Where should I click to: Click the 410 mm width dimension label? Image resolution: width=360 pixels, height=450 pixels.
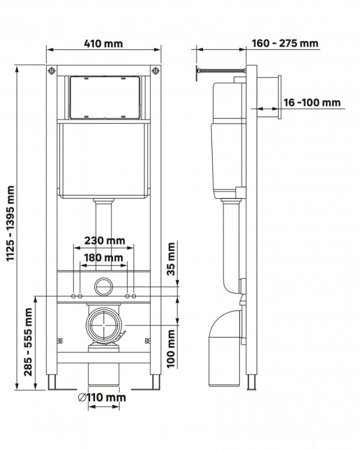[x=103, y=43]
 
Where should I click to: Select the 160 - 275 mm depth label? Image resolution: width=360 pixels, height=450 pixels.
[x=285, y=43]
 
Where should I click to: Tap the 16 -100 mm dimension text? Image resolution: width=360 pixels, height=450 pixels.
[x=312, y=102]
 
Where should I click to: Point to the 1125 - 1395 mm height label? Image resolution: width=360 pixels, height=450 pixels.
[x=10, y=223]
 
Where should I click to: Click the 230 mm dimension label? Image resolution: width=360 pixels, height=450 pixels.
[x=104, y=240]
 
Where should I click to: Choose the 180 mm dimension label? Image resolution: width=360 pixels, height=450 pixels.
[x=103, y=257]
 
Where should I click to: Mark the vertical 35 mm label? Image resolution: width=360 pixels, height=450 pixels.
[x=171, y=259]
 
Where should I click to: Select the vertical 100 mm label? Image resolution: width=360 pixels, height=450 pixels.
[x=171, y=348]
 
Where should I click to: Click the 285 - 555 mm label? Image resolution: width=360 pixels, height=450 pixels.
[x=28, y=342]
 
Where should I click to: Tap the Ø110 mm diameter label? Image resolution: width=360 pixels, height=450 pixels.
[x=102, y=397]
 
